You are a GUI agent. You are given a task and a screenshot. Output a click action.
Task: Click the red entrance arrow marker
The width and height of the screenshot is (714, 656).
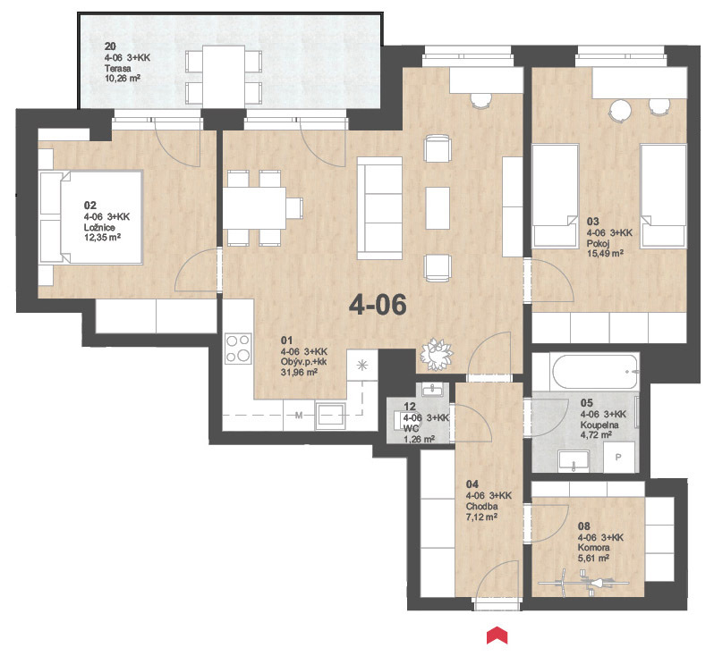click(497, 635)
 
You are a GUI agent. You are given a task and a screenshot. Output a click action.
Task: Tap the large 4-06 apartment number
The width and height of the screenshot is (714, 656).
click(378, 305)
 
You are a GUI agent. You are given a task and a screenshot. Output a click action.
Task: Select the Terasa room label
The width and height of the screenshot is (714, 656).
click(117, 68)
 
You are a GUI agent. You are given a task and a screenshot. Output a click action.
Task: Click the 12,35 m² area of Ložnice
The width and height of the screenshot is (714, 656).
click(103, 238)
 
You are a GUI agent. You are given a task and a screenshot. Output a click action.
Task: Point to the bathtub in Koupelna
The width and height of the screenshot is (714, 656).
click(594, 372)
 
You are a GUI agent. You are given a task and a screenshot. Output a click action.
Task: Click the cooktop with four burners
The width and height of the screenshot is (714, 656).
click(238, 348)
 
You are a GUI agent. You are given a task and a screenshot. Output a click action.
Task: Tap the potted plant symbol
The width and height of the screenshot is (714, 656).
click(437, 354)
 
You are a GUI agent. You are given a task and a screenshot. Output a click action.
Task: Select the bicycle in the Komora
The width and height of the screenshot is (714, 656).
click(583, 583)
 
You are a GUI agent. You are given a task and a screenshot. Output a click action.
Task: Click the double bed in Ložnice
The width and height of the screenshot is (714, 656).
click(91, 217)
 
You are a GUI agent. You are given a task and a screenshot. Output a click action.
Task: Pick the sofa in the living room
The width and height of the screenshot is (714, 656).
click(379, 208)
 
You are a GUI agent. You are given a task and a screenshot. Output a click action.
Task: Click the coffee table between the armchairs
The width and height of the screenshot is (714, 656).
click(438, 208)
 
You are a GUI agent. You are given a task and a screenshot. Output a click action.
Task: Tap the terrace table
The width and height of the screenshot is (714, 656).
click(224, 77)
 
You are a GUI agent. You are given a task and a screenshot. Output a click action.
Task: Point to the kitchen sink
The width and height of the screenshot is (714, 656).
click(329, 415)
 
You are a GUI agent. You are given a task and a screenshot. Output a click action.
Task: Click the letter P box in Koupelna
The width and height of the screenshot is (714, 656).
click(619, 457)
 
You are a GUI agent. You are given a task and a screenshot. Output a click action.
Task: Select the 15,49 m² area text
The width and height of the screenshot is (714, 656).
click(605, 254)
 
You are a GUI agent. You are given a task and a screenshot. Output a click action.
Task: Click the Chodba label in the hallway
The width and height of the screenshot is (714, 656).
click(481, 507)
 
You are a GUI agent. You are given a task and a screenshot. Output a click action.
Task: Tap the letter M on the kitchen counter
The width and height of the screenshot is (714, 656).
click(299, 415)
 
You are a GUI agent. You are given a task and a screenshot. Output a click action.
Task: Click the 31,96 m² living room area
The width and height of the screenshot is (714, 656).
click(299, 372)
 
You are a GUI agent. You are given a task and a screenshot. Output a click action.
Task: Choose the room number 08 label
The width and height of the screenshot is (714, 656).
click(584, 526)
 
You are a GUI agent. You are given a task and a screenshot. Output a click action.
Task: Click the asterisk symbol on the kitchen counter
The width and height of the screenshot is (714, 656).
click(362, 365)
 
